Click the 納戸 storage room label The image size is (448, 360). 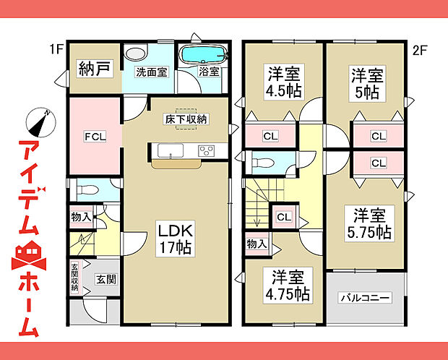click(x=94, y=69)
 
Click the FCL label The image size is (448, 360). click(x=95, y=137)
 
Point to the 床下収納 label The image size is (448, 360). click(x=186, y=119)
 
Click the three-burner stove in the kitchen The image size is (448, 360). click(x=207, y=150)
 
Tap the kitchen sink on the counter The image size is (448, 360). click(x=171, y=150)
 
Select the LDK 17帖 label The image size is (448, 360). click(x=176, y=239)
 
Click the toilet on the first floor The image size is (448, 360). click(x=87, y=189)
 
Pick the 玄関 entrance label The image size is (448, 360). click(x=106, y=279)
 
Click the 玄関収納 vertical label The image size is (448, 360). click(x=74, y=278)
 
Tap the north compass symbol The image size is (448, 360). click(x=40, y=123)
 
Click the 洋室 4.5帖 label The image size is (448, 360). click(x=284, y=82)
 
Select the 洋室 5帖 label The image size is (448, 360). click(x=367, y=84)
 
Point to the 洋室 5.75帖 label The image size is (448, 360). click(x=369, y=223)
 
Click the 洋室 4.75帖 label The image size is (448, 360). click(x=288, y=286)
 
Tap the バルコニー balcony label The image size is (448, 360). click(x=365, y=298)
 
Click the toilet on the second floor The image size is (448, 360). click(x=263, y=163)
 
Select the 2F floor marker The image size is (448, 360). click(x=420, y=51)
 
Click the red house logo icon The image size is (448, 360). click(x=29, y=255)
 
